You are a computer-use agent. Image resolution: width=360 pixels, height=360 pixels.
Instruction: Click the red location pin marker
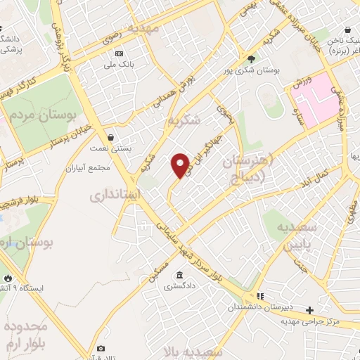pyautogui.click(x=181, y=166)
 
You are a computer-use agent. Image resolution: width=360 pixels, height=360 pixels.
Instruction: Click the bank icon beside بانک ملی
pyautogui.click(x=119, y=54)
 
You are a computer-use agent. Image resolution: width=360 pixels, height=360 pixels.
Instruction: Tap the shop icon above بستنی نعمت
pyautogui.click(x=110, y=138)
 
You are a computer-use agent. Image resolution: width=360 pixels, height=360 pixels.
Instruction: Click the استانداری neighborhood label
pyautogui.click(x=115, y=193)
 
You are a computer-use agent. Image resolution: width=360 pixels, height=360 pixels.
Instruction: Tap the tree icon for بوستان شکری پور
pyautogui.click(x=252, y=58)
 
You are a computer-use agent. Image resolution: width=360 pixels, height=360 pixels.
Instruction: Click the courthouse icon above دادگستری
pyautogui.click(x=181, y=275)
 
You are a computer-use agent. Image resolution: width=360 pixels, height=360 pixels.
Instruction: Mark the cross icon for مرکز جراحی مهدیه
pyautogui.click(x=309, y=310)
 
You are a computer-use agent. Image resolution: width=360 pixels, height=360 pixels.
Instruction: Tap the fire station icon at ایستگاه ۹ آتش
pyautogui.click(x=8, y=278)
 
